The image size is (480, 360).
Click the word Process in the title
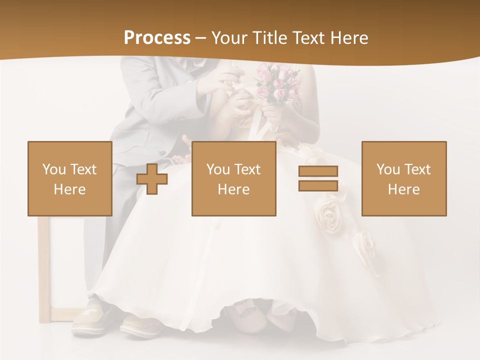(x=157, y=38)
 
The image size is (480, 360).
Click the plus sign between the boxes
(x=152, y=178)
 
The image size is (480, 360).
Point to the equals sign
(x=318, y=178)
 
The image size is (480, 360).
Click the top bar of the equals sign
(x=318, y=171)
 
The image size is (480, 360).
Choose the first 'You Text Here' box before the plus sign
(x=70, y=178)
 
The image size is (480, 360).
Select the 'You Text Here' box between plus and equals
(x=234, y=178)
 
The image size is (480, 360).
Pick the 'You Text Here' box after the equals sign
(x=404, y=178)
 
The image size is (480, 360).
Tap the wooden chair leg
(x=43, y=270)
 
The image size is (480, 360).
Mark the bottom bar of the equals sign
(x=318, y=185)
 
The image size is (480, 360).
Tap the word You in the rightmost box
(x=388, y=169)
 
